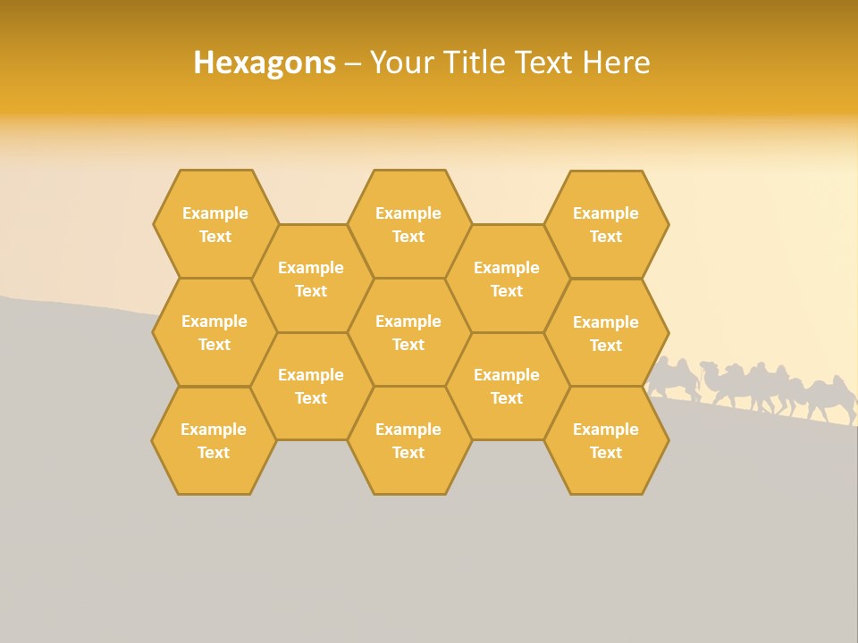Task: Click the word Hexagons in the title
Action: click(x=265, y=63)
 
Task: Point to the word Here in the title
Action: click(x=616, y=63)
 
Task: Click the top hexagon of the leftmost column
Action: click(x=215, y=224)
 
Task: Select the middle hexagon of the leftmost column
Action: click(x=214, y=332)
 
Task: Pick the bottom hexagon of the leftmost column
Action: click(x=214, y=440)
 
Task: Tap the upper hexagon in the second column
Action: click(x=311, y=279)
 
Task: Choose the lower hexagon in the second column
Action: click(x=311, y=386)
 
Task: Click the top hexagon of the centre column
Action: click(x=408, y=224)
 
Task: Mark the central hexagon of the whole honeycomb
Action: click(x=408, y=332)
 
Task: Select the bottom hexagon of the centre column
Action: click(x=408, y=440)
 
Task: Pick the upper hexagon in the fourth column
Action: click(x=507, y=279)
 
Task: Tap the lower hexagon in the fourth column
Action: click(x=507, y=386)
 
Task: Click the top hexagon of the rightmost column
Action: click(x=606, y=224)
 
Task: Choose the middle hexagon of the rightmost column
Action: click(x=606, y=333)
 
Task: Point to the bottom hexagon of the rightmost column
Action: click(x=606, y=440)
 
